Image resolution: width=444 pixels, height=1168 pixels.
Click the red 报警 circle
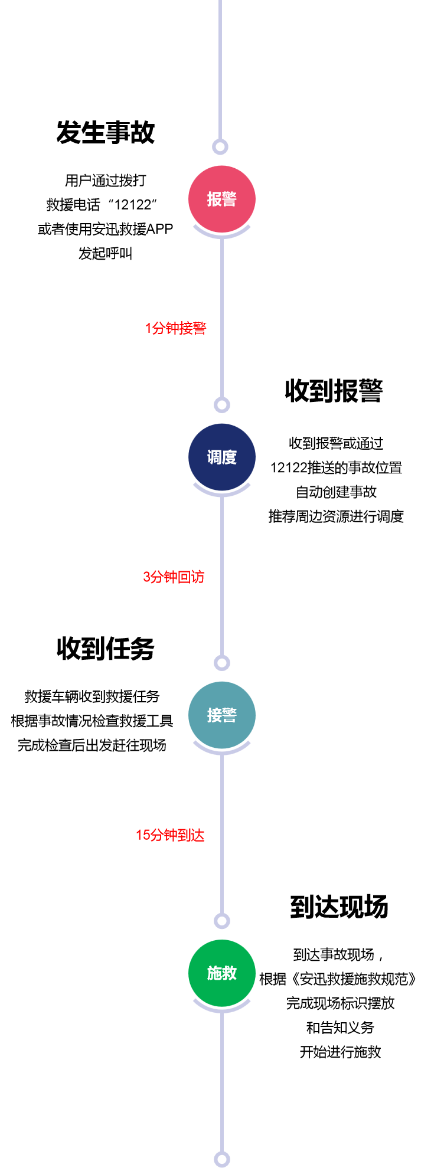221,199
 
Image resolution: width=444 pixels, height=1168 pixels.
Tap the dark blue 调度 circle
221,457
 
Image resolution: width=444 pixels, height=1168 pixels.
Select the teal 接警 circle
221,715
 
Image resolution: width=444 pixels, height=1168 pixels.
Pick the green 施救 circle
221,973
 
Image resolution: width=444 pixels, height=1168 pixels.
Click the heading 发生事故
106,132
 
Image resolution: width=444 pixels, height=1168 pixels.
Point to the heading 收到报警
334,391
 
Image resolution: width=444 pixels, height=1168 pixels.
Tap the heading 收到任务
106,649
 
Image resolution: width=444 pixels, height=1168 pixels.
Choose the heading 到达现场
339,907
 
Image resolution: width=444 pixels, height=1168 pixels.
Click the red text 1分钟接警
176,328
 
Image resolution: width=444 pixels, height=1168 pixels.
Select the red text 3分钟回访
174,577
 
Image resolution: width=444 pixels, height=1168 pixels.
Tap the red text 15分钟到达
170,835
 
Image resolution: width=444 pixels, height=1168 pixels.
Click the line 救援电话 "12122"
102,205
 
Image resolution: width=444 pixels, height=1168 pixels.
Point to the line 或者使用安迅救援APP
106,229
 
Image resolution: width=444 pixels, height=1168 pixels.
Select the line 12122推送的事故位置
336,467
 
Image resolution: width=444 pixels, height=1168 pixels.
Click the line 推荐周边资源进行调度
336,516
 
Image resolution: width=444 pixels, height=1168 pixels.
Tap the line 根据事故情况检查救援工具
92,721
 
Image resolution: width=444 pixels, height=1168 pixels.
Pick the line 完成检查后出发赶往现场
92,745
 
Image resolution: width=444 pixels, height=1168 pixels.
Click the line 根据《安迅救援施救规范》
339,979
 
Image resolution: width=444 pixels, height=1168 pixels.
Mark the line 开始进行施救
340,1052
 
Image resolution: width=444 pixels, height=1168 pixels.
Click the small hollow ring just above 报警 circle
220,147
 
